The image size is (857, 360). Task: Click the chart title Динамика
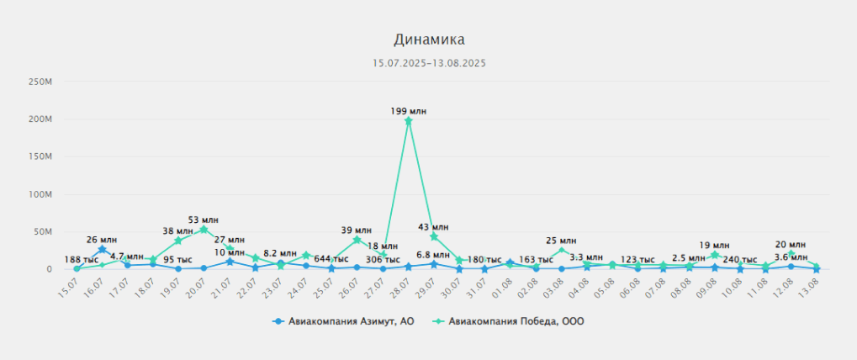[429, 40]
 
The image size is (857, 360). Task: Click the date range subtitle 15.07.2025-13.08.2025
[429, 63]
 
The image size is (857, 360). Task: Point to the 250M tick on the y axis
[40, 82]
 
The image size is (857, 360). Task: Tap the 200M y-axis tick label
[40, 119]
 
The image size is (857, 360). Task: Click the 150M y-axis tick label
[40, 156]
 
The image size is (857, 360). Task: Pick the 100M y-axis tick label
[40, 194]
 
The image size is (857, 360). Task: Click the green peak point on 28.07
[409, 120]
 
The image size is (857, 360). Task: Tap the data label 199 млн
[409, 110]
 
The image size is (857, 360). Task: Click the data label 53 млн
[204, 220]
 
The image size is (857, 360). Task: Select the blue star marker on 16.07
[102, 249]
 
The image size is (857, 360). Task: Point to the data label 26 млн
[102, 240]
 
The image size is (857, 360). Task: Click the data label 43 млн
[434, 227]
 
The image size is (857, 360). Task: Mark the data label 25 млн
[561, 241]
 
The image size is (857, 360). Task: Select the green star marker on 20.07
[204, 230]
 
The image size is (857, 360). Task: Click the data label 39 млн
[357, 230]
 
